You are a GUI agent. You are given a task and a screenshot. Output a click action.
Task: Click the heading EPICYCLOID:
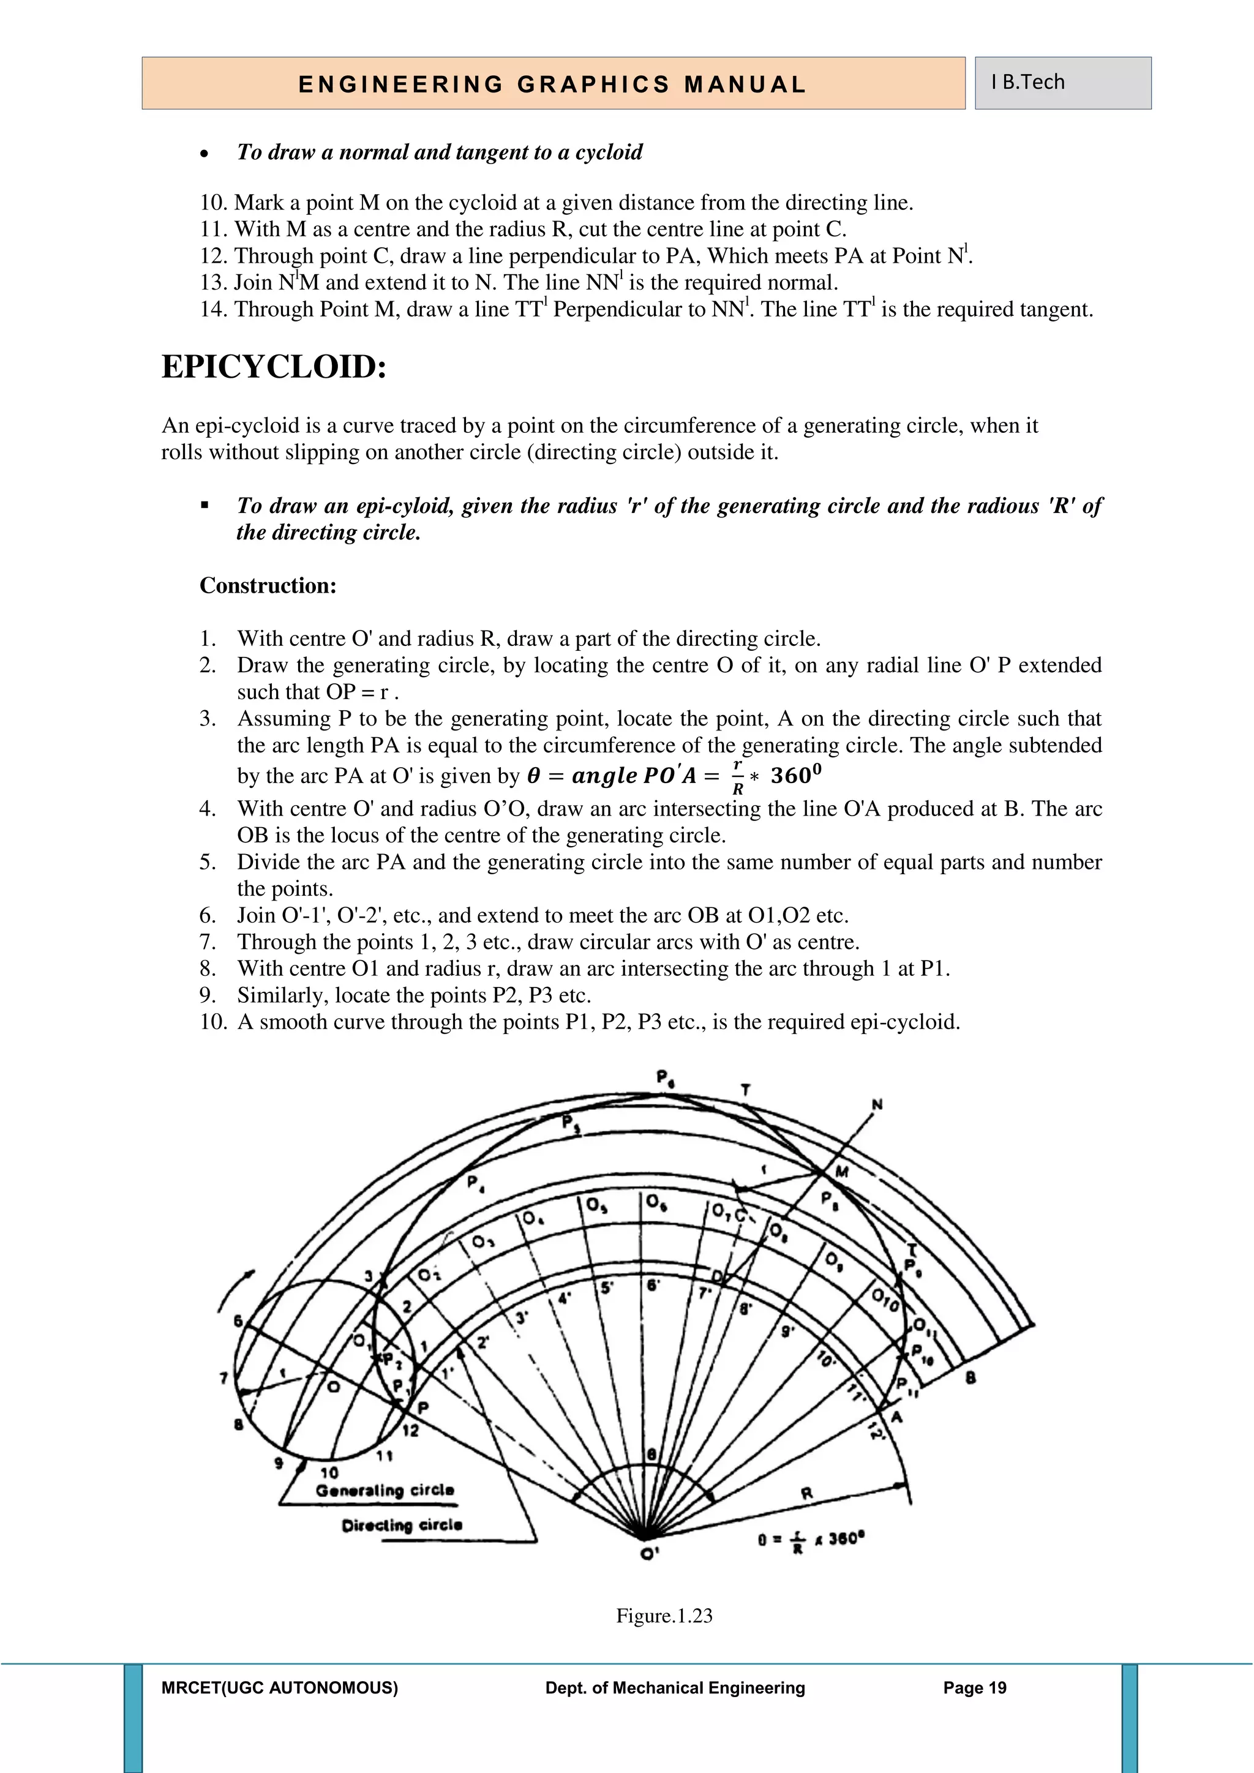pos(273,367)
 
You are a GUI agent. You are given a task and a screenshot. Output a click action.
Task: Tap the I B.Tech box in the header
pos(1028,83)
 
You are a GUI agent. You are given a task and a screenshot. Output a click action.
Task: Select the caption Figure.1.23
pos(664,1616)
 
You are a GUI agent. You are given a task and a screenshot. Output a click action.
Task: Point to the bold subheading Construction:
pos(268,585)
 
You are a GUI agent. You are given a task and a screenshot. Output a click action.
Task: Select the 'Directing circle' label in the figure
pos(402,1525)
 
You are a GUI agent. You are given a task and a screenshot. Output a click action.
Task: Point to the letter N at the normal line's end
pos(877,1105)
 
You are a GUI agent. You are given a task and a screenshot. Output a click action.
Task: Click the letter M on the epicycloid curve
pos(843,1172)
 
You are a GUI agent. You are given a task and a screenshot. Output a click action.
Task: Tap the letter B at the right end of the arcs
pos(971,1377)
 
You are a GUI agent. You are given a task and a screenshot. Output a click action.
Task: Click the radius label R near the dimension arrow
pos(807,1493)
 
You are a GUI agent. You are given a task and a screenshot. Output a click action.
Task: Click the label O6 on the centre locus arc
pos(653,1202)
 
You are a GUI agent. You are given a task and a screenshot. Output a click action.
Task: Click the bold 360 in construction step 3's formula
pos(795,775)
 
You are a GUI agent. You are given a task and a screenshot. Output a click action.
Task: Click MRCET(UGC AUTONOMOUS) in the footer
pos(280,1688)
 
